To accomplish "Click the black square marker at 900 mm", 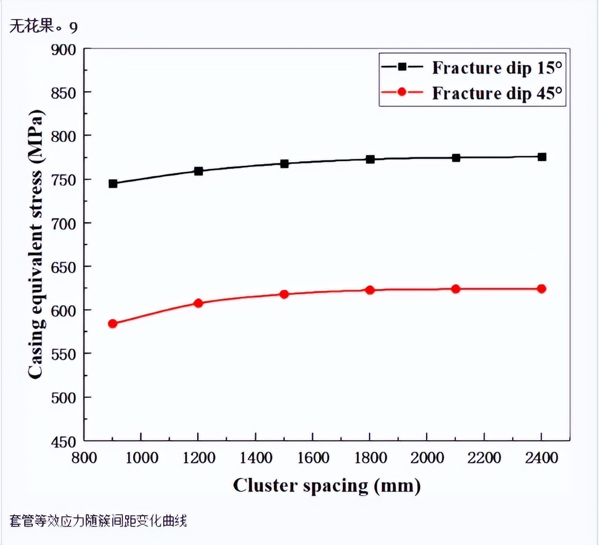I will pos(113,183).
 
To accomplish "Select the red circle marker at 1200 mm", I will pos(198,303).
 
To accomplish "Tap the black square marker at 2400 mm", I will pos(542,157).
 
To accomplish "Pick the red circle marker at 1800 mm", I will pos(370,290).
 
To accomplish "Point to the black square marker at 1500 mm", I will pos(284,164).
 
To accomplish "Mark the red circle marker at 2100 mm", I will pos(456,289).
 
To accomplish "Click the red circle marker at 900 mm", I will pos(112,323).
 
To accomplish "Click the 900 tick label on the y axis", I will pos(64,49).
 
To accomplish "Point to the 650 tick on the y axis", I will pos(64,267).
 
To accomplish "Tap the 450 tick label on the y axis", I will pos(64,441).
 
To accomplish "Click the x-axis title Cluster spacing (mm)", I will pos(327,485).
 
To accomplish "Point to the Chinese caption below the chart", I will pos(98,522).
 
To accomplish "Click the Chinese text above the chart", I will pos(43,27).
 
